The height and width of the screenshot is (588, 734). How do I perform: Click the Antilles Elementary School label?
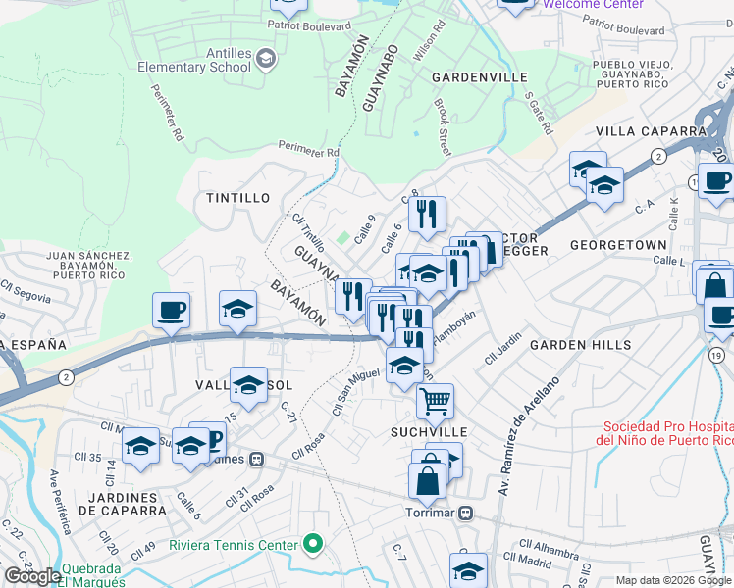coord(193,60)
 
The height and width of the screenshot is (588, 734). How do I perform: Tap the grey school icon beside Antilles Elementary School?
coord(265,61)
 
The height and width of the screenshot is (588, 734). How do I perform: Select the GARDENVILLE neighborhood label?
coord(480,77)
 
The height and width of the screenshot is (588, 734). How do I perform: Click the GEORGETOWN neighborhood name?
coord(618,244)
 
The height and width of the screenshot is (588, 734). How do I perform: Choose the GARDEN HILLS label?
coord(570,346)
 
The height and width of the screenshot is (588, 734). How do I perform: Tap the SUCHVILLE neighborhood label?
coord(428,431)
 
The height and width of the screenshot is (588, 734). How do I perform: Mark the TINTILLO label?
coord(237,198)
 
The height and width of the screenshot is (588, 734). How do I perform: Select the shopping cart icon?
coord(434,399)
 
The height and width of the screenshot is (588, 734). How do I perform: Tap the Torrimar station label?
coord(432,513)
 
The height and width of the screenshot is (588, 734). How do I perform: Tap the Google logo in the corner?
coord(31,576)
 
